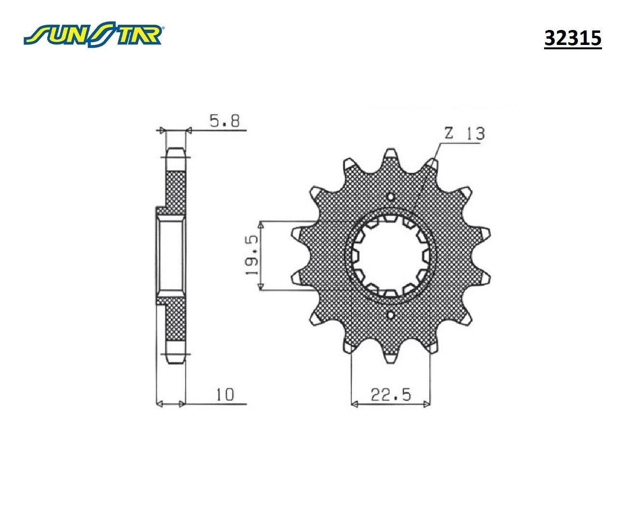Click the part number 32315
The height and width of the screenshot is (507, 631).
[573, 39]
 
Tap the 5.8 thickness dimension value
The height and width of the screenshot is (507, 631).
[224, 121]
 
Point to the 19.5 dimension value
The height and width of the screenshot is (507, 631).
[252, 255]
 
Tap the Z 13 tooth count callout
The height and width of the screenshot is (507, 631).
[465, 133]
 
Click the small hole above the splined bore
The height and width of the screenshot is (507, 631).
[391, 196]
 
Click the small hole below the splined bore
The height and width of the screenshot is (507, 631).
[391, 315]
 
